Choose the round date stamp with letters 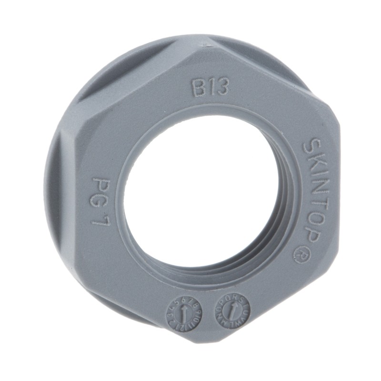point(232,309)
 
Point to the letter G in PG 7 point(101,199)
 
